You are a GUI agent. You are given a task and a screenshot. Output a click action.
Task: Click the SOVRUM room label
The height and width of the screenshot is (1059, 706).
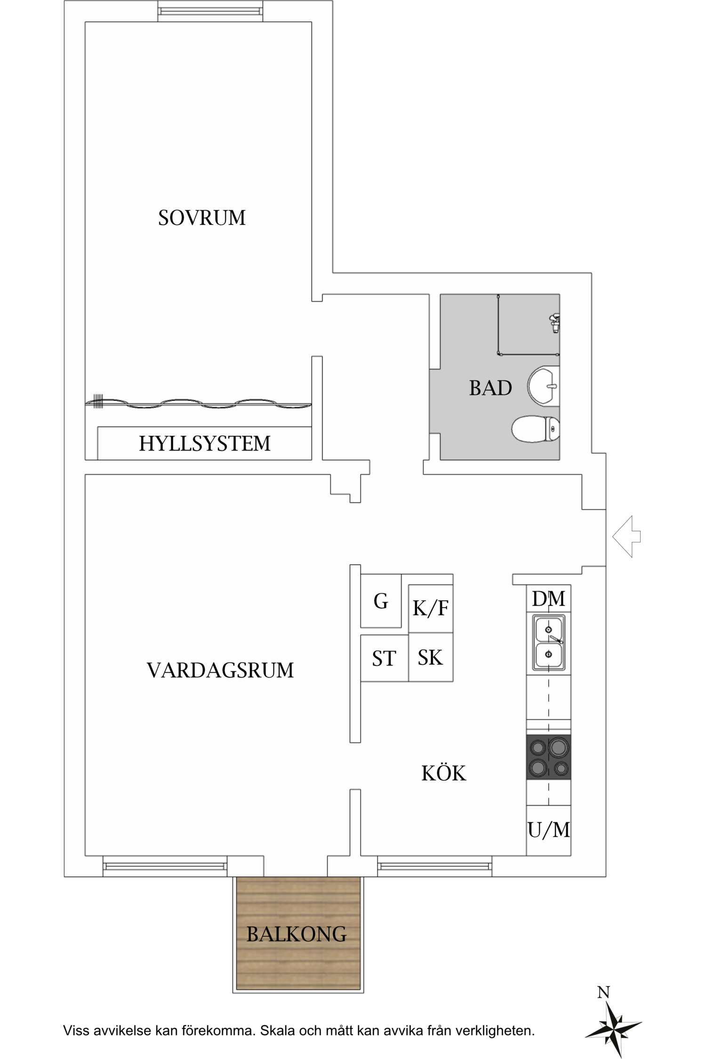click(201, 218)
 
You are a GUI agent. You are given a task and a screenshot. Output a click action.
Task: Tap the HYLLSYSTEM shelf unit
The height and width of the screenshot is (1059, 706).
click(204, 443)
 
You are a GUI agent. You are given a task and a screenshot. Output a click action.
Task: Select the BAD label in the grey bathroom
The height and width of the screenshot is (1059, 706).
click(490, 388)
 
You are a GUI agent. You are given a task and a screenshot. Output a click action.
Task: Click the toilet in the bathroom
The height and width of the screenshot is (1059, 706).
click(536, 429)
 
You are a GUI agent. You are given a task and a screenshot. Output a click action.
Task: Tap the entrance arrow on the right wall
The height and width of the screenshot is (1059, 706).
click(626, 536)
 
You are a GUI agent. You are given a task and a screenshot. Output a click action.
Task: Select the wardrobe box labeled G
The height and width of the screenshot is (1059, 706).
click(381, 601)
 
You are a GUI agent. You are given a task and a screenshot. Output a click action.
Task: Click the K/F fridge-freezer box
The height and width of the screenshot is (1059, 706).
click(431, 609)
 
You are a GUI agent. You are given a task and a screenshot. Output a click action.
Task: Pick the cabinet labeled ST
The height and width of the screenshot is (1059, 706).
click(384, 658)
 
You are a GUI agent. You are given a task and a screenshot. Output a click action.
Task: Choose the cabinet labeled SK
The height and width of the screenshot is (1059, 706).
click(431, 657)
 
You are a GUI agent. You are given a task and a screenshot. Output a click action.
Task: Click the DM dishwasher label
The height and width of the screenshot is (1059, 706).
click(548, 599)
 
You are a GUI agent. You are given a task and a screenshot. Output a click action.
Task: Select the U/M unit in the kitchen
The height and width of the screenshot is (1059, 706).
click(548, 830)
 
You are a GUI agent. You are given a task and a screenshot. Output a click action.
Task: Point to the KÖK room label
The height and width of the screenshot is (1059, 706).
click(443, 773)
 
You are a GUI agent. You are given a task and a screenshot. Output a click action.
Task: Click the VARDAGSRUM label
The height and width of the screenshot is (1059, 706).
click(220, 670)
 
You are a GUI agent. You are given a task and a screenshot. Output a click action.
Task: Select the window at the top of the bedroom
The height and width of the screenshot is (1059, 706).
click(209, 10)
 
